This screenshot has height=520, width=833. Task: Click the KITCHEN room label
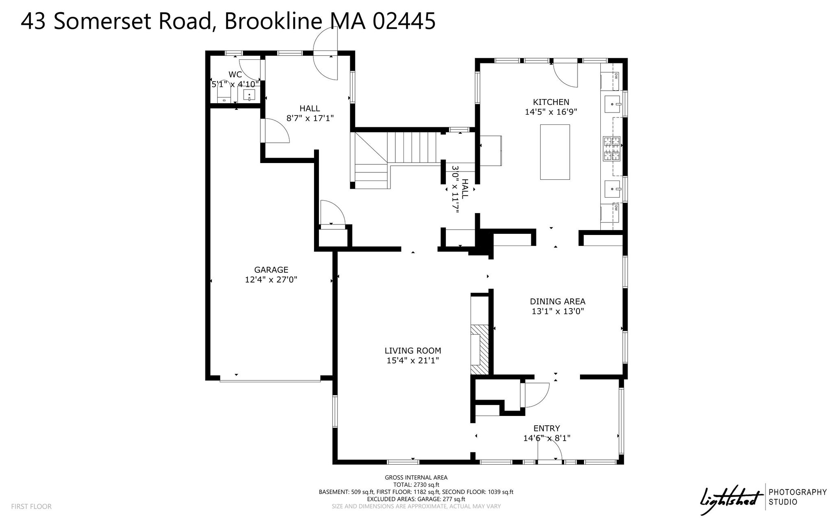pos(551,102)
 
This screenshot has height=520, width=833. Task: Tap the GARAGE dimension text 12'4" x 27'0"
pos(271,280)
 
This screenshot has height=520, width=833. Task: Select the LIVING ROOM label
pos(413,350)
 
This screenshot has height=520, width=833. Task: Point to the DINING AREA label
pos(557,301)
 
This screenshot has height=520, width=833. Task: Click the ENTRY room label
pos(547,428)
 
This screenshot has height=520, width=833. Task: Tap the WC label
pos(235,74)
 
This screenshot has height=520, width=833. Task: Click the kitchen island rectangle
pos(555,152)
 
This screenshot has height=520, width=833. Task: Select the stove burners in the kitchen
pos(611,148)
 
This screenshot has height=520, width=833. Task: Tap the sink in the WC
pos(249,95)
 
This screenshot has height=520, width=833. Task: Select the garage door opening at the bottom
pos(270,381)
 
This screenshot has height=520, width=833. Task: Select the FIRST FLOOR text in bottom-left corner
pos(31,507)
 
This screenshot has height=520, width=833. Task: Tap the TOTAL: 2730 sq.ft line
pos(416,485)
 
